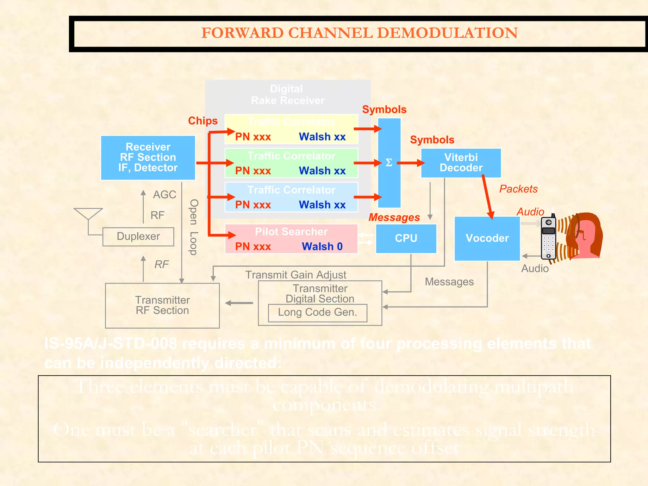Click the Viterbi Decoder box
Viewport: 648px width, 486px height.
[461, 163]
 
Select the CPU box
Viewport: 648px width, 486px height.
[406, 238]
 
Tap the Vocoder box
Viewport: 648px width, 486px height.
[487, 238]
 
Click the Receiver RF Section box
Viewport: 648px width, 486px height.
[148, 158]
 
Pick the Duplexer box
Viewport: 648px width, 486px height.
[138, 236]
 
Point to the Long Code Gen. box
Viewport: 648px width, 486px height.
[317, 313]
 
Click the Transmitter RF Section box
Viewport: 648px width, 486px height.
[162, 305]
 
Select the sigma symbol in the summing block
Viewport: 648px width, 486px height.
[389, 163]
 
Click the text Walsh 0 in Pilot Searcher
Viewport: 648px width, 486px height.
[322, 246]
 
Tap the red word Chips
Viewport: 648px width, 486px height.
[203, 121]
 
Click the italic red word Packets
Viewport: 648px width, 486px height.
[518, 189]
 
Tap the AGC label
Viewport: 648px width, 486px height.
[165, 194]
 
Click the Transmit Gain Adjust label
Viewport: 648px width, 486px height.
[296, 275]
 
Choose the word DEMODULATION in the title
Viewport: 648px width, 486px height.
[447, 33]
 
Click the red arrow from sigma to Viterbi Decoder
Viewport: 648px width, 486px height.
[411, 163]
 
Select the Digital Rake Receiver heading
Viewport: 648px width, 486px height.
[287, 95]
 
